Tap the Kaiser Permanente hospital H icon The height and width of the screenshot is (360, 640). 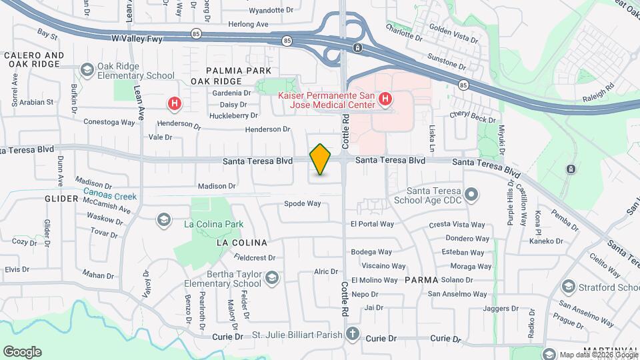click(x=384, y=100)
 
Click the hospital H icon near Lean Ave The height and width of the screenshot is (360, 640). click(x=175, y=103)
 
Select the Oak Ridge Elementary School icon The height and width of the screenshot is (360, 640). click(x=87, y=69)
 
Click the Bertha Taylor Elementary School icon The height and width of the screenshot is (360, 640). click(x=271, y=277)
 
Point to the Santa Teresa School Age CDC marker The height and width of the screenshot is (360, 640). click(x=472, y=195)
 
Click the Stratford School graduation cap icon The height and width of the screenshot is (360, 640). click(x=568, y=287)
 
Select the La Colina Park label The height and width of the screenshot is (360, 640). click(x=213, y=225)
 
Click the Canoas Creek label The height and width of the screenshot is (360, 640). click(x=110, y=197)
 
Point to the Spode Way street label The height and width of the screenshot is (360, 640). click(x=303, y=203)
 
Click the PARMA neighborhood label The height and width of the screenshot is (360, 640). click(x=421, y=280)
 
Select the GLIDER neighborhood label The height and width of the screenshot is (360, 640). click(x=61, y=199)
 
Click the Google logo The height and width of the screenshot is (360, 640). click(x=22, y=351)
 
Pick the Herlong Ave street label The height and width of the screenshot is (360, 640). click(x=248, y=24)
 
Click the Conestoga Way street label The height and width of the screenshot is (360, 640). click(x=110, y=122)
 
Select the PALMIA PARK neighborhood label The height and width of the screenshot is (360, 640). click(x=238, y=70)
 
